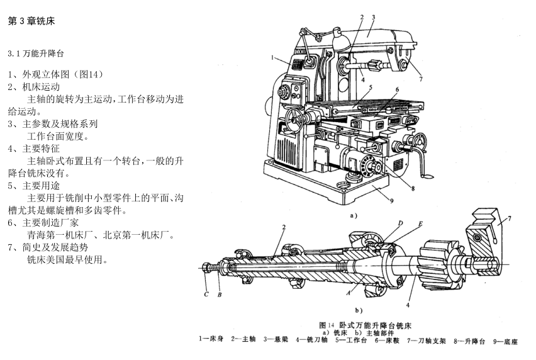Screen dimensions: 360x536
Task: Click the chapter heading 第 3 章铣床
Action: [x=31, y=21]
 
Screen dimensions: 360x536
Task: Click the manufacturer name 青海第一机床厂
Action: [x=62, y=235]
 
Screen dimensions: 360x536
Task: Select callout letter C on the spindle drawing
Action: [x=206, y=295]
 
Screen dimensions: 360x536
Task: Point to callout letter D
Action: [x=399, y=224]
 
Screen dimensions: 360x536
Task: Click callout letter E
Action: [x=420, y=224]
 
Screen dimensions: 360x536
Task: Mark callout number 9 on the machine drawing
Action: [x=391, y=201]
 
